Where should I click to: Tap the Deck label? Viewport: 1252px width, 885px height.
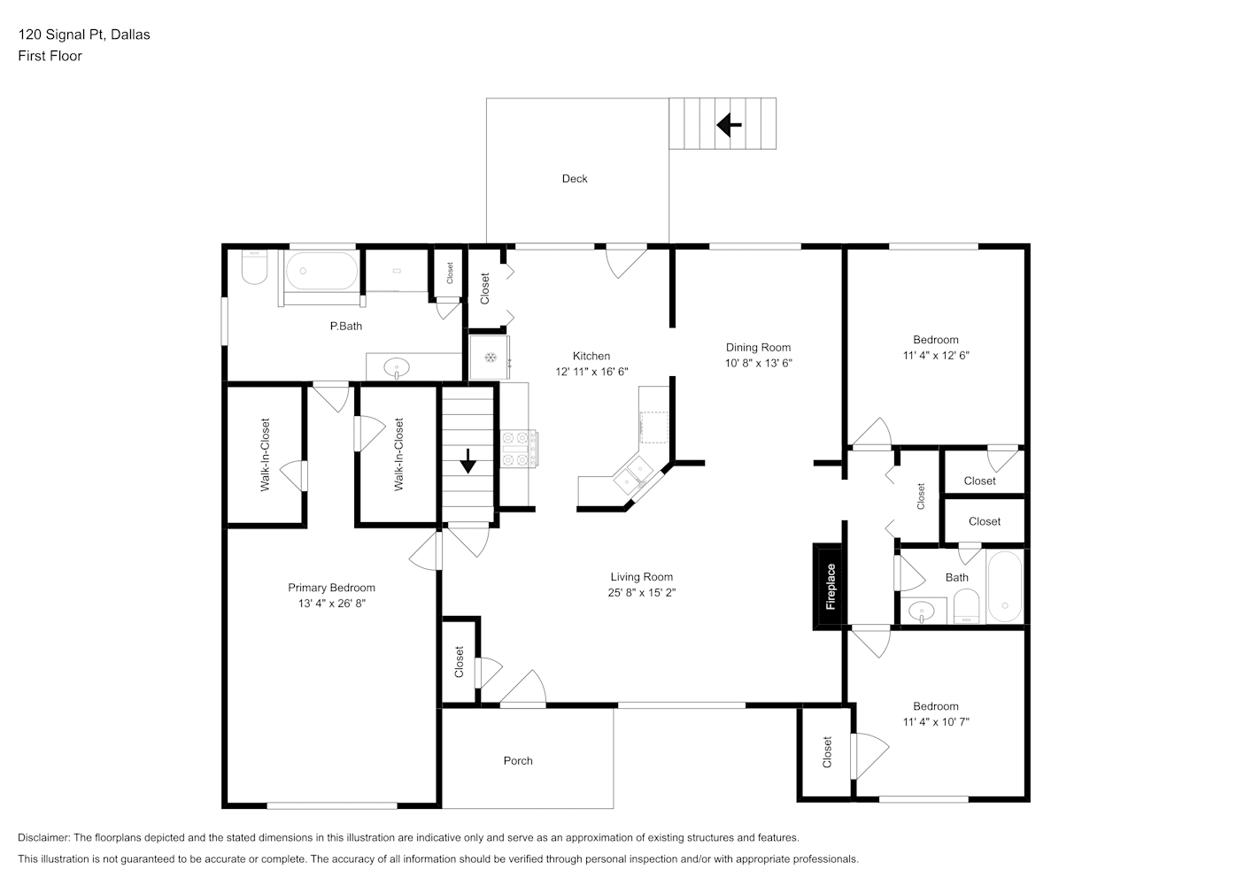(x=575, y=179)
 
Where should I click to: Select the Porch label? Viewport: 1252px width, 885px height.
(x=518, y=761)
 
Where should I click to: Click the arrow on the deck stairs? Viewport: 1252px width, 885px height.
(x=729, y=125)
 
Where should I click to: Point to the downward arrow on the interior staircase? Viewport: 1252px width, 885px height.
(x=468, y=461)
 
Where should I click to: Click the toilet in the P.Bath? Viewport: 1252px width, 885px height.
(x=254, y=266)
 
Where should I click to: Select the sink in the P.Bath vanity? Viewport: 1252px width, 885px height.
(x=397, y=367)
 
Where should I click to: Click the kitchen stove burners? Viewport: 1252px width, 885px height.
(x=519, y=449)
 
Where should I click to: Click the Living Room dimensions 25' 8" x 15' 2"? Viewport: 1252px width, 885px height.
(x=642, y=592)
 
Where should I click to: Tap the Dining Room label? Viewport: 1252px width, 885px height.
(x=759, y=348)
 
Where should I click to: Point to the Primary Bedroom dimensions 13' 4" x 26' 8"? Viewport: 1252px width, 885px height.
(x=331, y=604)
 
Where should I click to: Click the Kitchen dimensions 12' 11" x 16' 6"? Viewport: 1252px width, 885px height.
(x=591, y=372)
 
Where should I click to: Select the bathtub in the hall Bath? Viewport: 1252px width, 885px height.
(x=1004, y=588)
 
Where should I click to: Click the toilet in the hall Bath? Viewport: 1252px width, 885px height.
(x=966, y=607)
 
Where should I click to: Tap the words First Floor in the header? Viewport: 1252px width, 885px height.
(x=50, y=56)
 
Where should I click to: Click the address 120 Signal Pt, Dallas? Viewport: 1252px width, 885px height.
(x=84, y=35)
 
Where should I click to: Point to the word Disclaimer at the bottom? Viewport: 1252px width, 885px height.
(x=43, y=837)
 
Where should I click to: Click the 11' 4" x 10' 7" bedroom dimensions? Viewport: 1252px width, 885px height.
(x=936, y=722)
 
